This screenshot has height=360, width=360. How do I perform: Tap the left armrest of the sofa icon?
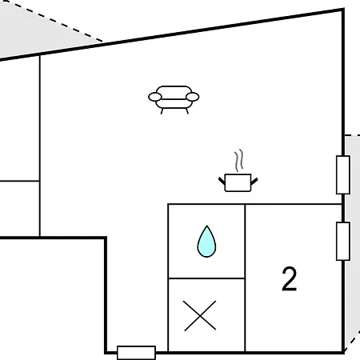click(x=155, y=97)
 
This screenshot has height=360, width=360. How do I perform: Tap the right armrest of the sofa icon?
click(x=193, y=97)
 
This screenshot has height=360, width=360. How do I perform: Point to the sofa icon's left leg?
click(x=162, y=111)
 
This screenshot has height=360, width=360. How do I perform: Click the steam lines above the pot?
click(x=239, y=160)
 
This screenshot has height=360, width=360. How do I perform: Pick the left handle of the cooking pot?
click(x=222, y=182)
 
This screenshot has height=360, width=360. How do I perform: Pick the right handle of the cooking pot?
click(x=254, y=182)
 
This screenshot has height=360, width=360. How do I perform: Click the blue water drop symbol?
click(x=206, y=242)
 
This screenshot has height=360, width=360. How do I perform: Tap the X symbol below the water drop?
click(x=200, y=316)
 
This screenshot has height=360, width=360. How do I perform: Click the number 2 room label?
click(x=289, y=278)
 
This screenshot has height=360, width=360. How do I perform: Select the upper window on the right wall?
click(x=343, y=175)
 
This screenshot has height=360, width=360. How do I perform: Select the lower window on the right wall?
click(x=343, y=241)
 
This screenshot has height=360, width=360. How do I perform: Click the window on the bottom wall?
click(x=136, y=353)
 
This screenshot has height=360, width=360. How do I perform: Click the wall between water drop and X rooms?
click(x=206, y=278)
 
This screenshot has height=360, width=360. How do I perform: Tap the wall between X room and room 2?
click(x=245, y=315)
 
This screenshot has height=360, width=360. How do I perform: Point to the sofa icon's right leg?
click(x=187, y=111)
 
